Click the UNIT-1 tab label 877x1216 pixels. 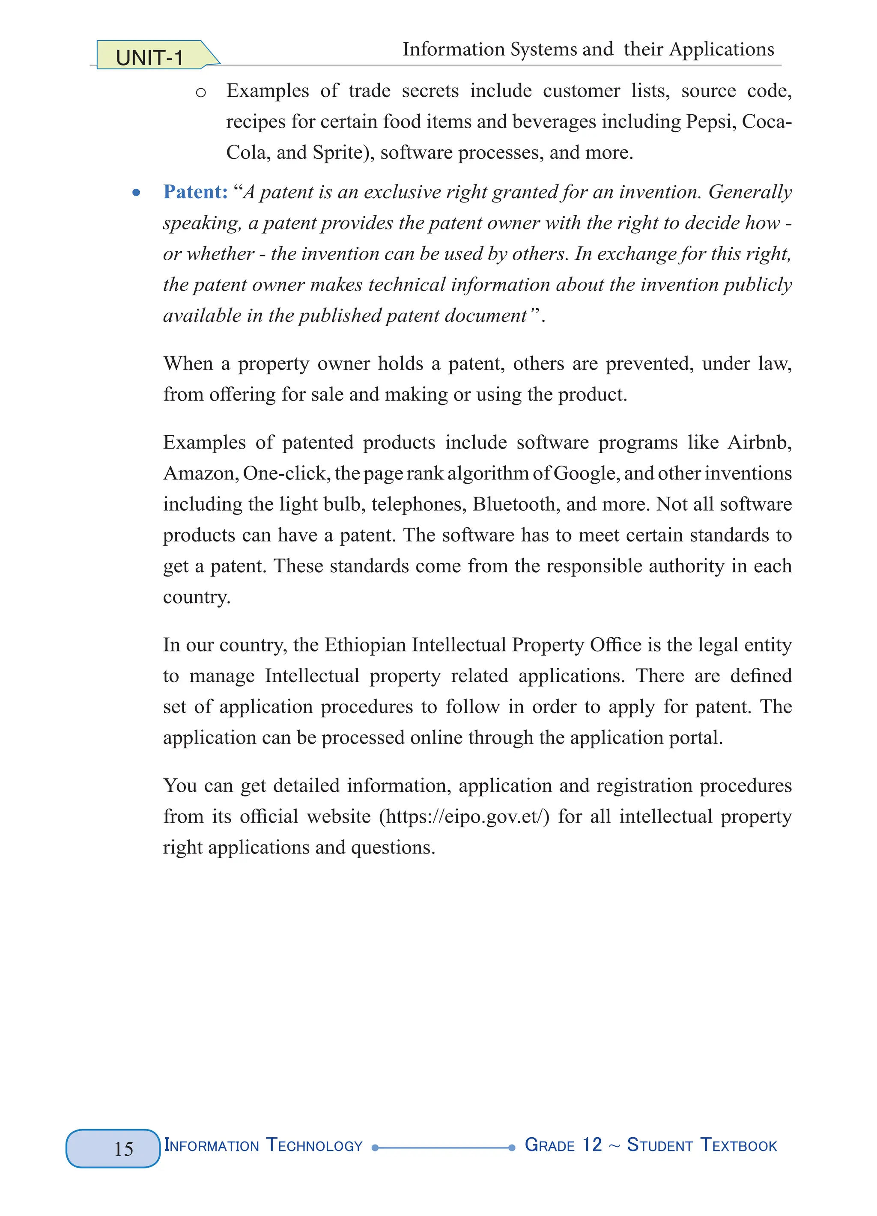pos(149,57)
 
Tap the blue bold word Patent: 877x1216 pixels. pos(195,191)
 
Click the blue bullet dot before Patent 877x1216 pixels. pos(136,193)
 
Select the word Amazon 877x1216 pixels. pos(198,473)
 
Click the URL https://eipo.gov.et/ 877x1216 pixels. pos(464,817)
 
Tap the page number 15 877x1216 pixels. pos(123,1148)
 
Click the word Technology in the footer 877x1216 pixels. pos(314,1145)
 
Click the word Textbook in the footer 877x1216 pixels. pos(739,1145)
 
